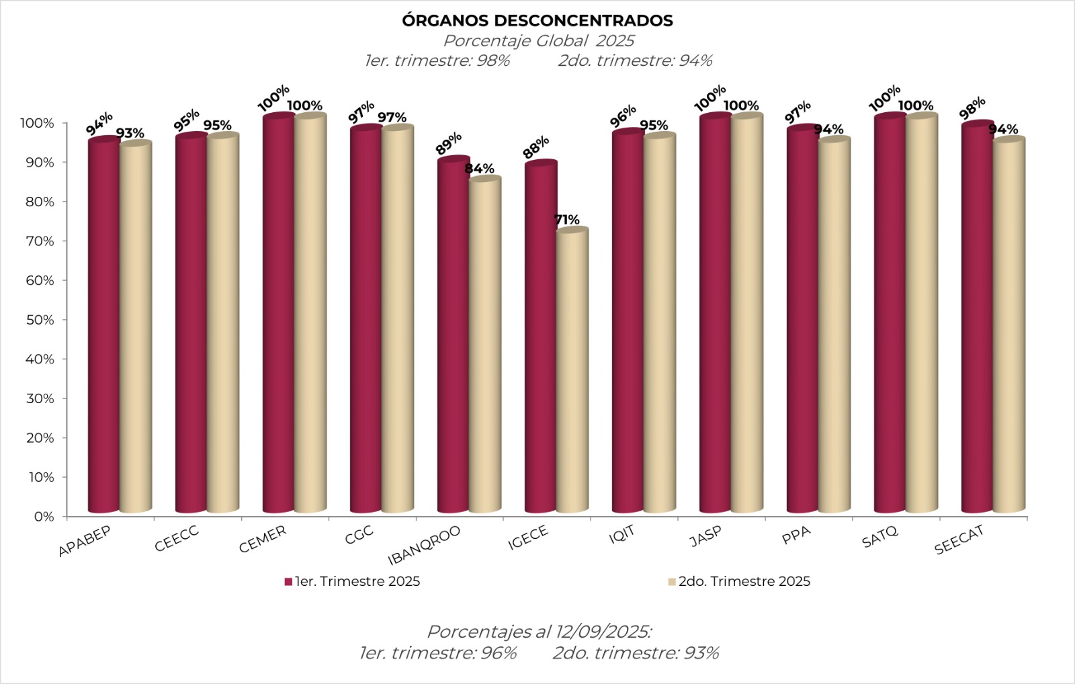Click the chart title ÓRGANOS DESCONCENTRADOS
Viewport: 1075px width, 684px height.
tap(537, 21)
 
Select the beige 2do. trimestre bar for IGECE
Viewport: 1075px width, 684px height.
tap(572, 370)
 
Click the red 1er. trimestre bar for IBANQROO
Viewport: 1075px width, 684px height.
tap(453, 336)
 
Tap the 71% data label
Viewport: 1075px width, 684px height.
tap(566, 220)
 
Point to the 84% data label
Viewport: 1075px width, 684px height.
tap(479, 169)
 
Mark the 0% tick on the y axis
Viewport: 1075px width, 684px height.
tap(42, 517)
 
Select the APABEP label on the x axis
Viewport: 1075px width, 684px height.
tap(85, 540)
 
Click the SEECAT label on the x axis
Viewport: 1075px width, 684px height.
tap(959, 540)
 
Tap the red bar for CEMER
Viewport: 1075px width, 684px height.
tap(278, 316)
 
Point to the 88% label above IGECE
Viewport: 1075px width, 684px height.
tap(537, 147)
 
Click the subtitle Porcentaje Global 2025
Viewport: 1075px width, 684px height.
tap(538, 41)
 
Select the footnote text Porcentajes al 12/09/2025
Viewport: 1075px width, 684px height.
tap(540, 632)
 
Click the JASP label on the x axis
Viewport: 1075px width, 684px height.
tap(706, 536)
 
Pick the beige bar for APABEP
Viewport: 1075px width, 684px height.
tap(135, 329)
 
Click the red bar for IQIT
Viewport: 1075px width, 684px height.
tap(628, 323)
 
